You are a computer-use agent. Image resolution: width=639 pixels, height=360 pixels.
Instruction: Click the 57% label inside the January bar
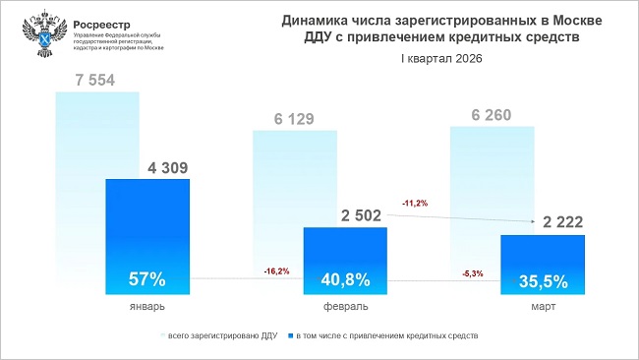pos(147,278)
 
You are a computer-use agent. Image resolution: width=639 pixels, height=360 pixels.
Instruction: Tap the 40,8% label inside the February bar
pos(345,279)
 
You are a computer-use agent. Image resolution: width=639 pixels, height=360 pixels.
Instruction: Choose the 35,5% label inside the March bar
pos(543,281)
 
